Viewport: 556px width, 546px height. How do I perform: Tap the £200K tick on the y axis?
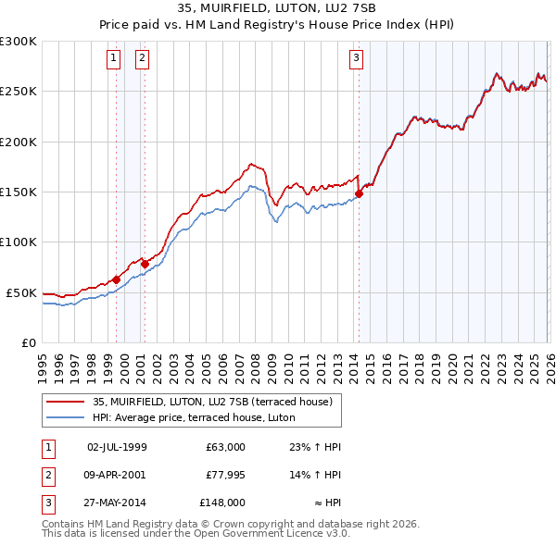click(x=19, y=142)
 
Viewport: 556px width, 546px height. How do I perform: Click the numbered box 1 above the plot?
click(x=113, y=58)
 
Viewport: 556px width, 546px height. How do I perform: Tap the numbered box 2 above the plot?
click(x=143, y=58)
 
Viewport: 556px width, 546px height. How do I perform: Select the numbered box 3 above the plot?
click(x=357, y=58)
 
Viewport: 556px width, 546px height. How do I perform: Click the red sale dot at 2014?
click(x=359, y=193)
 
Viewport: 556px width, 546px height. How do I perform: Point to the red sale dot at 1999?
click(x=116, y=279)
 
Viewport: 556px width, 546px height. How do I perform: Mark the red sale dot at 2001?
click(x=145, y=264)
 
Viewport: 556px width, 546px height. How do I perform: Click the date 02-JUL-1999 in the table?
click(x=117, y=447)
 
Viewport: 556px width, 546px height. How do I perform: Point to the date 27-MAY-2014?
click(x=117, y=503)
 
